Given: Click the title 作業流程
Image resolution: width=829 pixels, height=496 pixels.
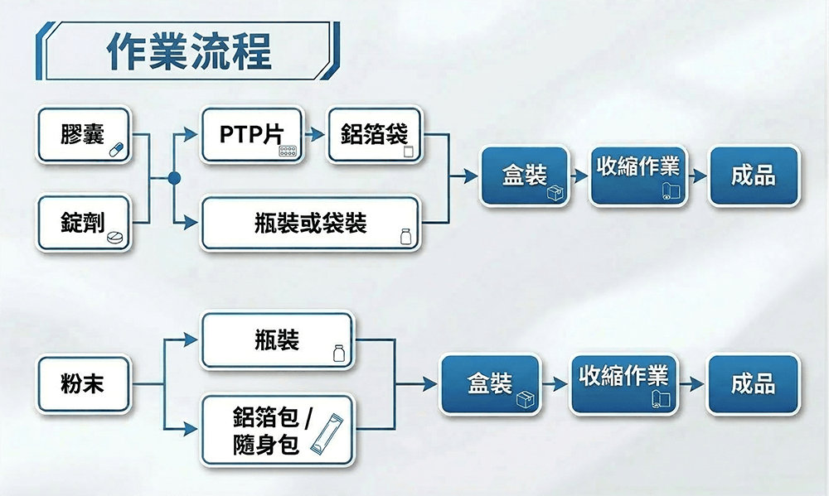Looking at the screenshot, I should coord(189,51).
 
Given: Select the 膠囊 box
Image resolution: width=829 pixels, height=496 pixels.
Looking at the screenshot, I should coord(83,135).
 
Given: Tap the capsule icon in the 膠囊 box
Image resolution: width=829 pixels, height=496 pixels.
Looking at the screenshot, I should coord(114,148).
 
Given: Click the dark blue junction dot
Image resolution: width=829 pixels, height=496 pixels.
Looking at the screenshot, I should coord(173,178).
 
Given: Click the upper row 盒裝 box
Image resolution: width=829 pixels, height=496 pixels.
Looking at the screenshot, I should coord(525,176).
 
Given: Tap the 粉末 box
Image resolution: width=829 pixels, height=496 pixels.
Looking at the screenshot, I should coord(83,383).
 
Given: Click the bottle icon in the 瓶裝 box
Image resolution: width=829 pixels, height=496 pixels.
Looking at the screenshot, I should coord(337,354).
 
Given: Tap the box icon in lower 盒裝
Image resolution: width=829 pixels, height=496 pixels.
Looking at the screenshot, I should coord(524,400).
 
